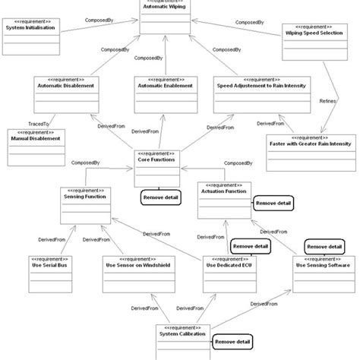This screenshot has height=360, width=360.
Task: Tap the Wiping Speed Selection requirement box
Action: [314, 41]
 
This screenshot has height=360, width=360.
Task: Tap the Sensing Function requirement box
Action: [84, 203]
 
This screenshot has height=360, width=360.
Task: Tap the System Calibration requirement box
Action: [181, 339]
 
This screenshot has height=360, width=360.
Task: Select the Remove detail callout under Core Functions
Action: [159, 197]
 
